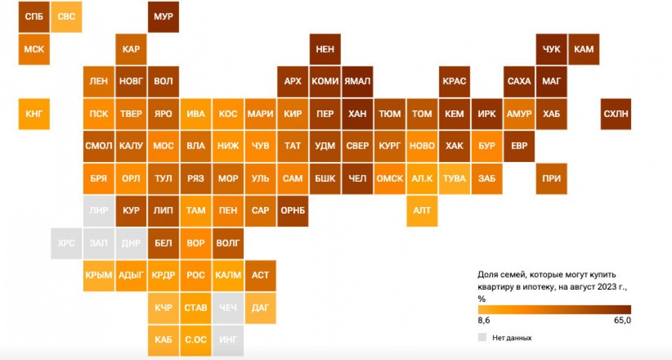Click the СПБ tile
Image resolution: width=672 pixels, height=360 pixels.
(34, 17)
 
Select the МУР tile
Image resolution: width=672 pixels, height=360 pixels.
(163, 17)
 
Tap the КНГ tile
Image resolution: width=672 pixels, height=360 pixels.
(34, 114)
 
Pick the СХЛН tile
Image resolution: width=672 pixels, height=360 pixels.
(616, 114)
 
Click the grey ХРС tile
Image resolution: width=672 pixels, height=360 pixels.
(67, 244)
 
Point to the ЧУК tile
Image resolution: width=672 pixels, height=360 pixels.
(551, 49)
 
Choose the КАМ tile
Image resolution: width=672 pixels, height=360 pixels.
(584, 49)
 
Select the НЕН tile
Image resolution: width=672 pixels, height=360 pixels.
(325, 49)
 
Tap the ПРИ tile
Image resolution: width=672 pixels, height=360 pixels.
(551, 179)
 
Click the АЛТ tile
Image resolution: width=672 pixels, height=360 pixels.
(422, 211)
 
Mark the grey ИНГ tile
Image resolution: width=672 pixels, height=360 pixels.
(228, 340)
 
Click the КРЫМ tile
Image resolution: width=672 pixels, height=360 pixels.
(98, 275)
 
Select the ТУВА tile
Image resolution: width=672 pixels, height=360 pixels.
(454, 179)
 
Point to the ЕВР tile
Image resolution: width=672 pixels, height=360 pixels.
(519, 146)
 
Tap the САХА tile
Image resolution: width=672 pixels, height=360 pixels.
(519, 82)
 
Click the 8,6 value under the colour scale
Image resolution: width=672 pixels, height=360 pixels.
(484, 320)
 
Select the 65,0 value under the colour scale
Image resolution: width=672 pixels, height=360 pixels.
(622, 320)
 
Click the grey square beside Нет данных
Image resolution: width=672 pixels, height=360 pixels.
(482, 337)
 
